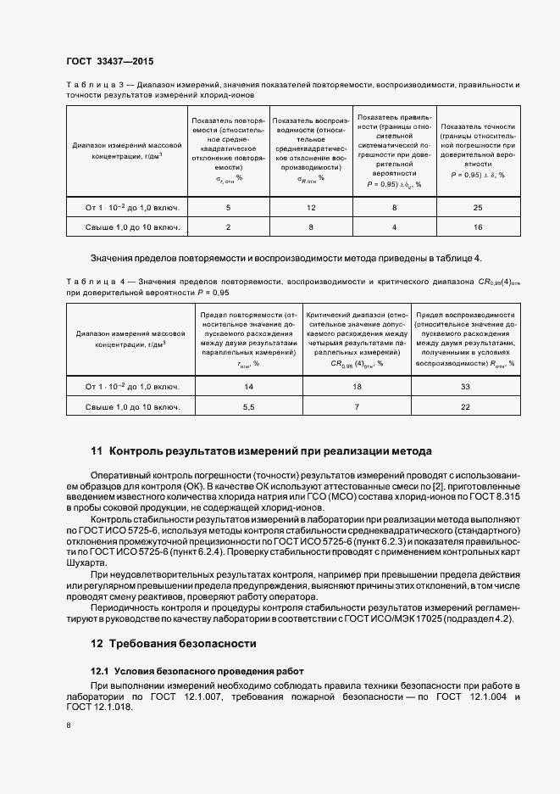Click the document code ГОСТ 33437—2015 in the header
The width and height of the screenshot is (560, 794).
click(109, 62)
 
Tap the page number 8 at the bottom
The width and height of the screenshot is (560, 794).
click(69, 725)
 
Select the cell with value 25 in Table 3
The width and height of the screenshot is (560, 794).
click(477, 207)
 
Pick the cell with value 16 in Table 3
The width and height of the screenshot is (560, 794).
click(477, 227)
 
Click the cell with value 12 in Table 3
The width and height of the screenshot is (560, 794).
click(311, 207)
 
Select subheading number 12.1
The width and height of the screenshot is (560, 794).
click(100, 671)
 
